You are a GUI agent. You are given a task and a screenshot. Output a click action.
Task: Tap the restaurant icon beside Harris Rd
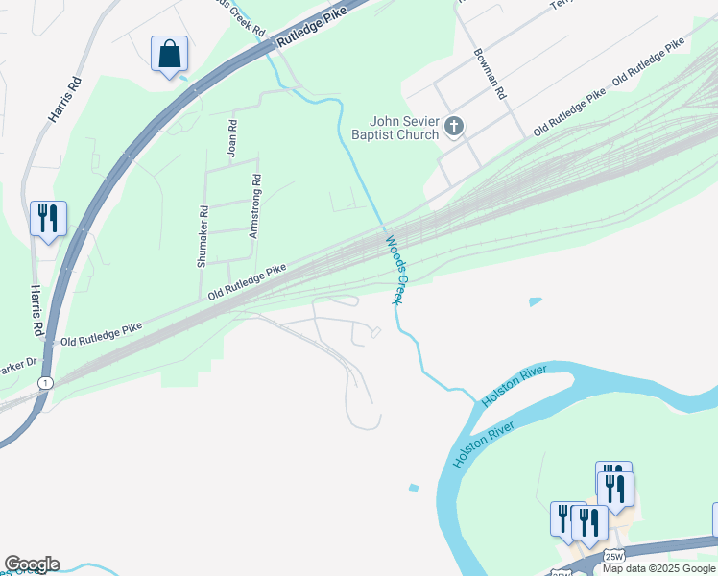point(47,218)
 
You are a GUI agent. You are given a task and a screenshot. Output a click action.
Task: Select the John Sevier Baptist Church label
point(405,128)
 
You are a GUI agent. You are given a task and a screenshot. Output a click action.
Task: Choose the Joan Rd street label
point(231,138)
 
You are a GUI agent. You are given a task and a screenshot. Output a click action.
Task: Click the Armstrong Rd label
point(255,205)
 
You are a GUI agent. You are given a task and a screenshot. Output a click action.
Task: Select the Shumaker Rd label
point(203,236)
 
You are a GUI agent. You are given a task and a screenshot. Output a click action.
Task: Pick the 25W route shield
point(614,555)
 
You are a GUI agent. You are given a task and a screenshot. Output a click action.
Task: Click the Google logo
point(32,564)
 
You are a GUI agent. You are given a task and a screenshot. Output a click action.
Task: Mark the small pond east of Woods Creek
point(535,301)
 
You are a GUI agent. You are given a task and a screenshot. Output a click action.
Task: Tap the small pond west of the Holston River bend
point(413,488)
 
